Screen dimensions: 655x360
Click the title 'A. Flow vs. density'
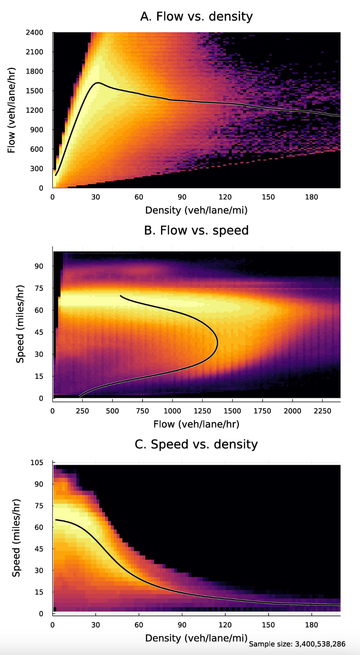point(196,16)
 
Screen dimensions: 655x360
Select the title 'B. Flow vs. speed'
point(196,230)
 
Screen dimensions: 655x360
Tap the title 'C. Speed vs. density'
point(196,444)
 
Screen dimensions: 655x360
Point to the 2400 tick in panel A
point(34,33)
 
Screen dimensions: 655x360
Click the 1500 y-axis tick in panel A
point(34,91)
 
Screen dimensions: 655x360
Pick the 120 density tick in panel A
point(225,197)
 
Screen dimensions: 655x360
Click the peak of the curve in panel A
point(97,83)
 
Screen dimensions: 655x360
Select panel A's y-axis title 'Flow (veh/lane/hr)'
point(11,110)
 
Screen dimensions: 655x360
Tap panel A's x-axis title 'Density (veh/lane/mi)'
point(196,210)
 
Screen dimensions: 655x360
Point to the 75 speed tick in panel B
point(39,288)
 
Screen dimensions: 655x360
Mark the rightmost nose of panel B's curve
point(217,343)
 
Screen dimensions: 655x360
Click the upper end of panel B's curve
point(121,296)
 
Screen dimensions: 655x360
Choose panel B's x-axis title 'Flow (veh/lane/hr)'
point(196,424)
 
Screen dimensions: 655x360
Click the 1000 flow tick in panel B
point(172,411)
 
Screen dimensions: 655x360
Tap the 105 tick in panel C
point(37,463)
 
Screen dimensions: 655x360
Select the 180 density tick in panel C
point(311,625)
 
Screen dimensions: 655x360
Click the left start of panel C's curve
point(56,520)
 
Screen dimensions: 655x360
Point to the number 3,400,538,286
point(320,644)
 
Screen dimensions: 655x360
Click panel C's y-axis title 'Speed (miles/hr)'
point(16,538)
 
